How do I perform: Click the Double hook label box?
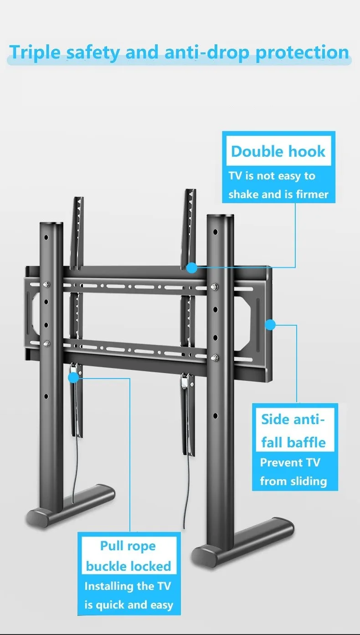tap(278, 151)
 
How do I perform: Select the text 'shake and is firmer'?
tap(278, 195)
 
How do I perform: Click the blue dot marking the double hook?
tap(192, 267)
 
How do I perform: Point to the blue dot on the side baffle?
tap(270, 325)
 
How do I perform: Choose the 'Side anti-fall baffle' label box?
tap(293, 430)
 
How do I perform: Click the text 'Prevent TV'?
tap(290, 463)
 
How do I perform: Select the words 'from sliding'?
tap(293, 481)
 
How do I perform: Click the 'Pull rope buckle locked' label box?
tap(128, 556)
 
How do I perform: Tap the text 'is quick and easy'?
tap(129, 605)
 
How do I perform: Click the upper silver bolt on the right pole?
tap(215, 287)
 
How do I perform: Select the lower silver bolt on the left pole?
tap(47, 343)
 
